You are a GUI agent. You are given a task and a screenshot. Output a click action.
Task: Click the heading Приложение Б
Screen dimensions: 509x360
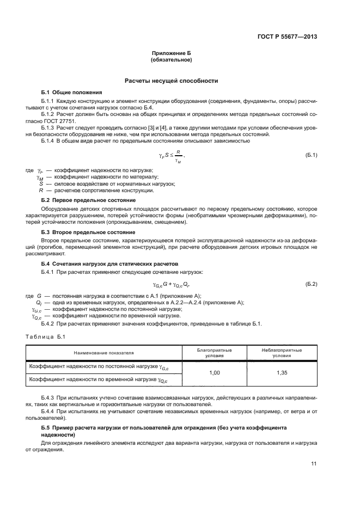(x=172, y=53)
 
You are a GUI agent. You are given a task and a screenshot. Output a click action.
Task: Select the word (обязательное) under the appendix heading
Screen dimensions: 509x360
(x=172, y=60)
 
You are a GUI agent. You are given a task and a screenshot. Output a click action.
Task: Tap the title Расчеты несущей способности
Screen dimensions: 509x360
(x=172, y=81)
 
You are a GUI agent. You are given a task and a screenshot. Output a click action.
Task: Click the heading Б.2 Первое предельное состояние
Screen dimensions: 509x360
(x=89, y=200)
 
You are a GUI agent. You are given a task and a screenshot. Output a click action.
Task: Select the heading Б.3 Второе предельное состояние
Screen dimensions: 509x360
(x=88, y=232)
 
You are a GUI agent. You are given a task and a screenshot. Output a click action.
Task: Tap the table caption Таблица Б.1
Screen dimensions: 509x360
(x=45, y=338)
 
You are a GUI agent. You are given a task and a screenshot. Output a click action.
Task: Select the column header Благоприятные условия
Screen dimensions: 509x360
(x=214, y=353)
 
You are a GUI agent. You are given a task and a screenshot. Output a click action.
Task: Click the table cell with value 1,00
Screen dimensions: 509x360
(x=214, y=374)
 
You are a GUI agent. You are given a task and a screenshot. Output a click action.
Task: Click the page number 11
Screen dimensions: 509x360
(x=314, y=463)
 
